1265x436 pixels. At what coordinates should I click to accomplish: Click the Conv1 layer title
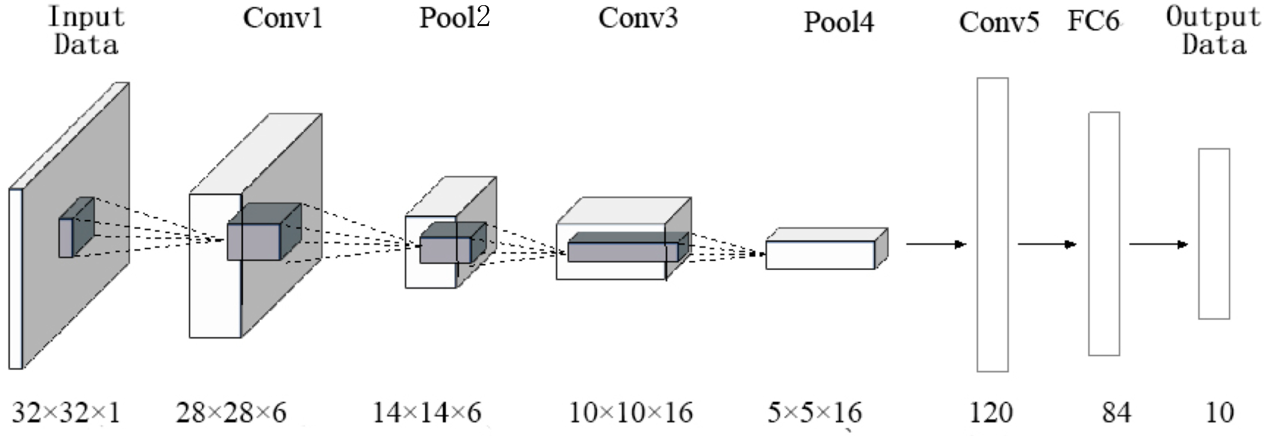(x=282, y=19)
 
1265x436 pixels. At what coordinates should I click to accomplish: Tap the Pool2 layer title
(x=454, y=18)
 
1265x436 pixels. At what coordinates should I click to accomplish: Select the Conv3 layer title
(x=638, y=19)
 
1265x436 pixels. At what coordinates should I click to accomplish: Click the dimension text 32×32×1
(x=66, y=413)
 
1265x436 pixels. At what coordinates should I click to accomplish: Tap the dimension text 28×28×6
(x=231, y=413)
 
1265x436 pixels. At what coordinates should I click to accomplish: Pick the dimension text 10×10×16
(x=630, y=413)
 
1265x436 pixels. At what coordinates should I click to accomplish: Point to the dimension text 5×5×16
(x=814, y=413)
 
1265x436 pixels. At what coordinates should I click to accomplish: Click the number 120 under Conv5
(x=991, y=413)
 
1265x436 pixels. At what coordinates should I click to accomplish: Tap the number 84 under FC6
(x=1116, y=413)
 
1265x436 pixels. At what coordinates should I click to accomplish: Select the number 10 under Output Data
(x=1220, y=413)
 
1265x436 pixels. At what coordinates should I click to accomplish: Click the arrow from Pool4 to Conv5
(x=935, y=244)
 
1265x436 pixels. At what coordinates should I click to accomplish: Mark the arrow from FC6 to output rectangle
(x=1158, y=244)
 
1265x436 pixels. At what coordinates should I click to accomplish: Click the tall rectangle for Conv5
(x=992, y=224)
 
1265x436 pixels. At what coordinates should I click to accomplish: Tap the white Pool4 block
(x=820, y=255)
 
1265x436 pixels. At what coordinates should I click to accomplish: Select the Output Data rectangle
(x=1214, y=234)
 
